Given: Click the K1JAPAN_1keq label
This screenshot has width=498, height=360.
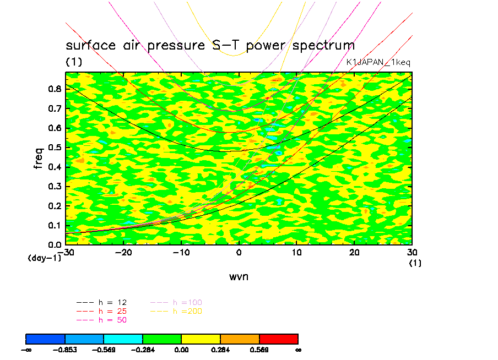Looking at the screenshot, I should tap(378, 62).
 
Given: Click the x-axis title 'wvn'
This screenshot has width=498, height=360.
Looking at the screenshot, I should tap(239, 276).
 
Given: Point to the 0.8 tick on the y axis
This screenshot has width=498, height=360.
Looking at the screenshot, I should tap(55, 90).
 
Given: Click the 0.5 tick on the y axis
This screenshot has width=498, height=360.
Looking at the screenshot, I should tap(55, 148).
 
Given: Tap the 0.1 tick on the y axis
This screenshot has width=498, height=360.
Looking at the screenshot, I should tap(55, 225).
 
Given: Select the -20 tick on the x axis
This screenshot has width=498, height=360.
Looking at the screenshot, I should tap(122, 252).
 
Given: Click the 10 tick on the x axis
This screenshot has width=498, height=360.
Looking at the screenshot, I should tap(296, 252).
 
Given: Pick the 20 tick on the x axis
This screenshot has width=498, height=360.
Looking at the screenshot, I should tap(354, 252).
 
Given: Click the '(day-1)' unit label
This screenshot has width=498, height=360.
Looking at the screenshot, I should tap(44, 258).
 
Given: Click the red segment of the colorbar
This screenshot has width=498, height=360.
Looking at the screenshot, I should tap(279, 338).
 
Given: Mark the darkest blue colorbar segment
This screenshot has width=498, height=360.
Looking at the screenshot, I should tap(46, 338).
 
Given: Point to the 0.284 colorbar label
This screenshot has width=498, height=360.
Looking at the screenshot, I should tap(220, 350).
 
